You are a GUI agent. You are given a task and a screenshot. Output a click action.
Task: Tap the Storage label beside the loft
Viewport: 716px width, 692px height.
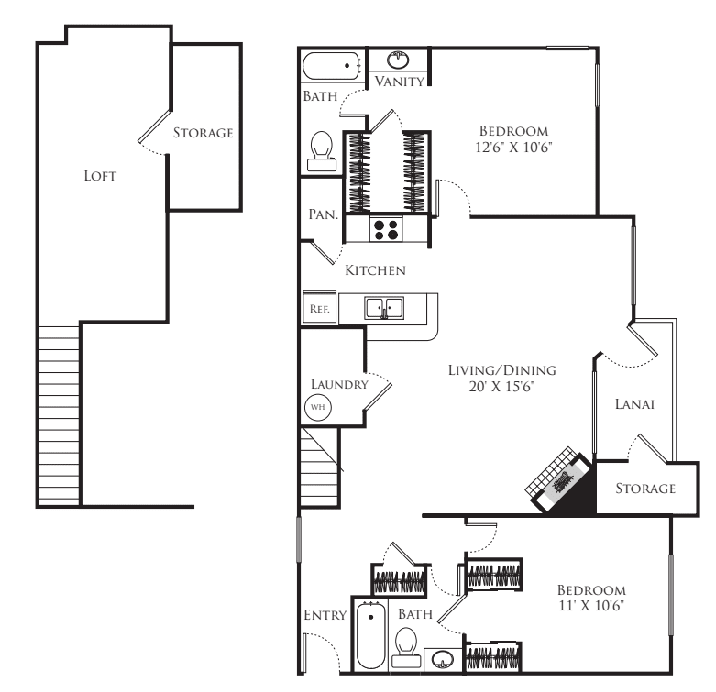click(203, 133)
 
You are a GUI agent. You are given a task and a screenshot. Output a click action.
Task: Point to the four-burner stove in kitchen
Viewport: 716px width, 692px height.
click(387, 229)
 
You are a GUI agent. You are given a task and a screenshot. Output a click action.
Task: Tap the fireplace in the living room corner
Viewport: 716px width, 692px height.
click(558, 478)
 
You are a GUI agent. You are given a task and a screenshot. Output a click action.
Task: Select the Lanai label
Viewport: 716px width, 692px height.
click(633, 402)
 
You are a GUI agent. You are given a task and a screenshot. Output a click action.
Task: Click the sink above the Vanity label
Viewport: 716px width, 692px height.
click(399, 61)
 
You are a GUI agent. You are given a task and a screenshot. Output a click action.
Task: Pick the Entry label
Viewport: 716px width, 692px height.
click(325, 615)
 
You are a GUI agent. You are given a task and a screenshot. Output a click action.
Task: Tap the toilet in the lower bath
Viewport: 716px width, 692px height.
click(407, 647)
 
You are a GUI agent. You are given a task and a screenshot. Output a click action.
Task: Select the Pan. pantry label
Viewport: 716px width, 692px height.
click(323, 214)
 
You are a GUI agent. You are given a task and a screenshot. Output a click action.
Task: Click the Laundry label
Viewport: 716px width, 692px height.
click(338, 384)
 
